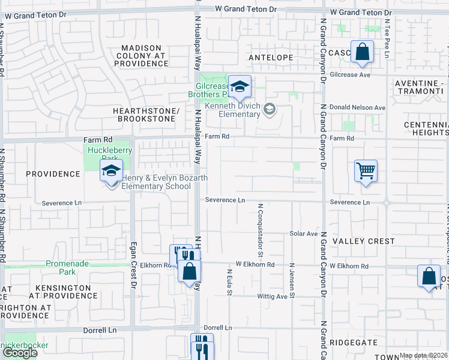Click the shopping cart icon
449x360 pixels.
click(366, 172)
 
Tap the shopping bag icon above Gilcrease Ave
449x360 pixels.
click(363, 52)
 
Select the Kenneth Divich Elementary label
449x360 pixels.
click(231, 110)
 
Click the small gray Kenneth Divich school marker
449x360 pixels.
click(270, 109)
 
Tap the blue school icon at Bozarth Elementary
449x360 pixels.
click(111, 172)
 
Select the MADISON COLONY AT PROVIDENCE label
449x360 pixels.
click(142, 55)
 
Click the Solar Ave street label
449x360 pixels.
click(303, 233)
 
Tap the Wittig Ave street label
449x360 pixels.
click(273, 296)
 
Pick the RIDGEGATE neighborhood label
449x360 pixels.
click(354, 343)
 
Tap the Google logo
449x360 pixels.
click(20, 352)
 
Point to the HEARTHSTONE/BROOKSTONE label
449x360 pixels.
click(146, 115)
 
